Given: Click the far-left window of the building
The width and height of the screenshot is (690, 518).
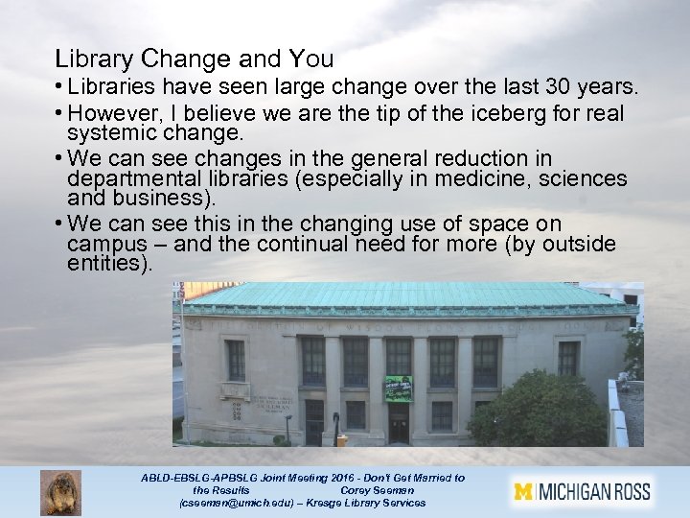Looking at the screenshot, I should (236, 359).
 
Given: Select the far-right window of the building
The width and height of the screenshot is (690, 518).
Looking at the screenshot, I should (568, 358).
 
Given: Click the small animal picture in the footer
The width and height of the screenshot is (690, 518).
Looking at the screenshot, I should (60, 492).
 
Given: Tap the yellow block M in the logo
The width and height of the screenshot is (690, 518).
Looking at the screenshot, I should (523, 492).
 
